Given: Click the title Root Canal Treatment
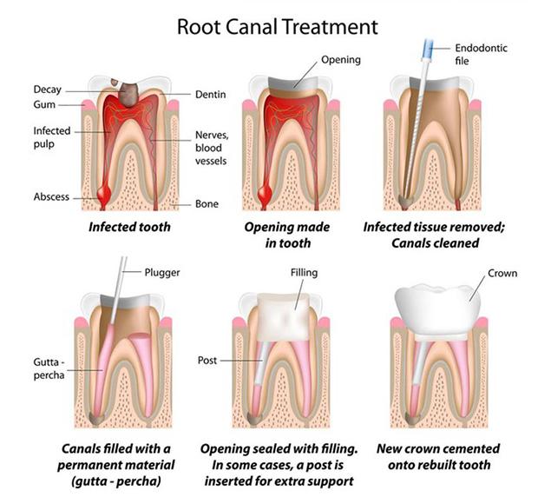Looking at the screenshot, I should click(x=278, y=25).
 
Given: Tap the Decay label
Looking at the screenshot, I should click(x=47, y=90).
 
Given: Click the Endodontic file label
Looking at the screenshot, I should click(x=482, y=54).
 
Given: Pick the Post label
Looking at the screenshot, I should click(x=209, y=359).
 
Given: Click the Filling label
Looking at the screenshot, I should click(x=304, y=273).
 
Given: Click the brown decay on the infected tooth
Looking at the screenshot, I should click(x=133, y=90).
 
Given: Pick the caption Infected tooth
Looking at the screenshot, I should click(x=131, y=229).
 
